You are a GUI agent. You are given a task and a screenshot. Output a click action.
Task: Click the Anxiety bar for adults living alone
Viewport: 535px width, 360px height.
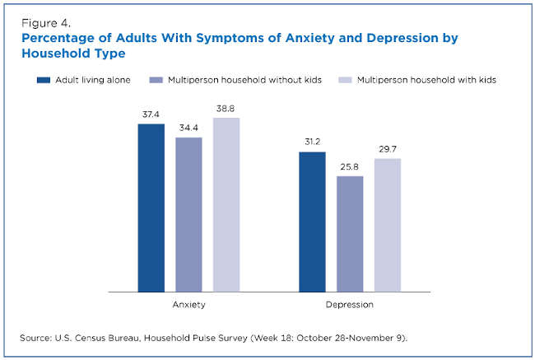click(x=151, y=208)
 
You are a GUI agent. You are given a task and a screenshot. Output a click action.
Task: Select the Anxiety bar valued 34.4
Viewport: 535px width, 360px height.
click(x=188, y=214)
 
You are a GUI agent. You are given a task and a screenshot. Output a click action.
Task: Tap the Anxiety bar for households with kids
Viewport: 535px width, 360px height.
click(x=226, y=204)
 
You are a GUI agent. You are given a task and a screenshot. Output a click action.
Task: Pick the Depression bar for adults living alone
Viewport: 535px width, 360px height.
click(x=312, y=222)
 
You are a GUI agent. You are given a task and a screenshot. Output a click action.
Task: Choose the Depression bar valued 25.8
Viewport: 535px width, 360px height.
click(x=350, y=233)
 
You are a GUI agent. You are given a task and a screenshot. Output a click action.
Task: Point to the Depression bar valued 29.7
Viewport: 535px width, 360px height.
click(x=387, y=225)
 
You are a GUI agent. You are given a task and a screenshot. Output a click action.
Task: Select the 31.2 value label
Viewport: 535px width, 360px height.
click(x=312, y=143)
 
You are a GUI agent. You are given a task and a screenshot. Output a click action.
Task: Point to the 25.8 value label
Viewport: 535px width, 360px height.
click(x=350, y=166)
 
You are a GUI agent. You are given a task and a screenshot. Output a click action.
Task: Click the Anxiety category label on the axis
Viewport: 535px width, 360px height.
click(x=188, y=304)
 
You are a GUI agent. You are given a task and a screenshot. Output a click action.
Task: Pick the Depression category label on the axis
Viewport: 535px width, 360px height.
click(x=350, y=304)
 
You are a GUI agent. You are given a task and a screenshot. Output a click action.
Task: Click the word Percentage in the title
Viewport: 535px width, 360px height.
click(x=58, y=38)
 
